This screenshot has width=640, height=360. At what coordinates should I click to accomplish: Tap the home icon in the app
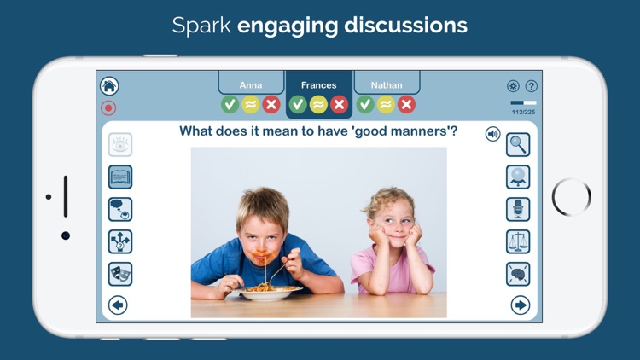coord(109,85)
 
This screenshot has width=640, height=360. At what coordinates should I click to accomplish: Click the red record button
coord(108,107)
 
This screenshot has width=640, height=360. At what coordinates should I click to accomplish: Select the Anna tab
coord(251,84)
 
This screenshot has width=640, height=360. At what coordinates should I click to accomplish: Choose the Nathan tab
coord(387,84)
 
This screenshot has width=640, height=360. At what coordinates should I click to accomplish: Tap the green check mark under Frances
coord(298,104)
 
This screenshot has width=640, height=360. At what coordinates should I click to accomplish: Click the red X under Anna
coord(271,104)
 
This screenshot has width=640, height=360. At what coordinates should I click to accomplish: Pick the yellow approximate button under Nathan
coord(386,104)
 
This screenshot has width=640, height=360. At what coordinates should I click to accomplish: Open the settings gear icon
coord(513,86)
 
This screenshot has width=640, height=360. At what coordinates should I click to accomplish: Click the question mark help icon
coord(531,86)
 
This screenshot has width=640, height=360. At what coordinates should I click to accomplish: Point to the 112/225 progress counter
coord(523,112)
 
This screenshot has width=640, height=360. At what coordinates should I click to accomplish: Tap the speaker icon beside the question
coord(492,134)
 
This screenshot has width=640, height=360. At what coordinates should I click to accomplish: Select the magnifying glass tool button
coord(518,144)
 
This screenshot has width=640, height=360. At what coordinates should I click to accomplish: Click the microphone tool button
coord(518,209)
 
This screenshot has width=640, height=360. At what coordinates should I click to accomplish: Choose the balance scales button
coord(518,241)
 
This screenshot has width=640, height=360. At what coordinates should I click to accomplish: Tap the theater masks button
coord(120,274)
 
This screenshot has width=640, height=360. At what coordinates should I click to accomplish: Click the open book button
coord(120,177)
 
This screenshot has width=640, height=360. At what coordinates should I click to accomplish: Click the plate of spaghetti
coord(270,293)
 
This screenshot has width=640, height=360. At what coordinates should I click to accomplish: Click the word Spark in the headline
coord(202,26)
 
